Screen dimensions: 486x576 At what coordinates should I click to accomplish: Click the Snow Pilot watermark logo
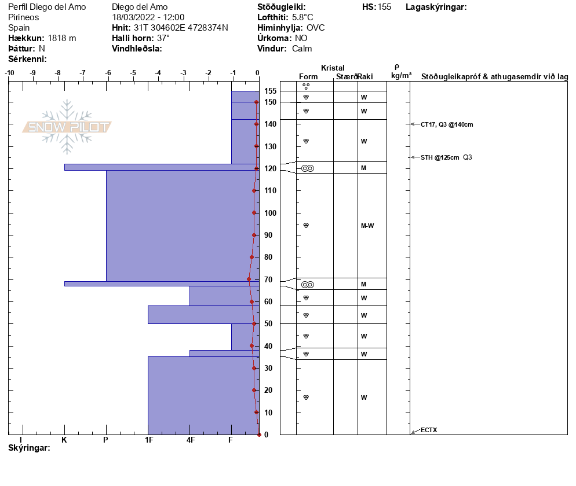[x=67, y=127]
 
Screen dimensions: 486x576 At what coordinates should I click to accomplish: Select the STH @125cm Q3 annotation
[x=446, y=157]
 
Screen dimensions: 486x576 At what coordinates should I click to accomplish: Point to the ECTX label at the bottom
[x=429, y=430]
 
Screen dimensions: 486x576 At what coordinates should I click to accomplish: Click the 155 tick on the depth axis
[x=270, y=91]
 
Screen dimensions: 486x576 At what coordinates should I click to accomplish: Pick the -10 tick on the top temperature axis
[x=10, y=73]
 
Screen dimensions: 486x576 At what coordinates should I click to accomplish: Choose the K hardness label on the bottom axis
[x=64, y=440]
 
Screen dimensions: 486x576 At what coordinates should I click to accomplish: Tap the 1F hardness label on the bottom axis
[x=148, y=440]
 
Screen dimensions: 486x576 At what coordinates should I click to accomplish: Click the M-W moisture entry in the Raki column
[x=367, y=226]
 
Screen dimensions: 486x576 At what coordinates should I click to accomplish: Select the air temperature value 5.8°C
[x=303, y=17]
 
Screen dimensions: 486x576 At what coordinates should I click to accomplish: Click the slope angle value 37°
[x=163, y=38]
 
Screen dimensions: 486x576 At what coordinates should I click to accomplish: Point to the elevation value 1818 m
[x=61, y=38]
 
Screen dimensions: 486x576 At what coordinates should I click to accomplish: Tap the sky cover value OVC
[x=316, y=28]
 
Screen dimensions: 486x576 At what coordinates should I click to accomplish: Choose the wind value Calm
[x=302, y=49]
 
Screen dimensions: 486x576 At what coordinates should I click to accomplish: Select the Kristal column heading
[x=333, y=68]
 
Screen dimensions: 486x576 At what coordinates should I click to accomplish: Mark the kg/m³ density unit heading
[x=401, y=75]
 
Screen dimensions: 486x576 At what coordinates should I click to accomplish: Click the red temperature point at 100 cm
[x=254, y=212]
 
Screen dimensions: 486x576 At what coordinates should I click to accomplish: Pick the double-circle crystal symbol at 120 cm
[x=308, y=168]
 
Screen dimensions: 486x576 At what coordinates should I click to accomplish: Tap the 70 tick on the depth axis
[x=268, y=279]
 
